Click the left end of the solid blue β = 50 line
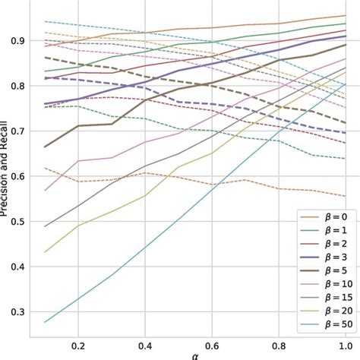[46, 322]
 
